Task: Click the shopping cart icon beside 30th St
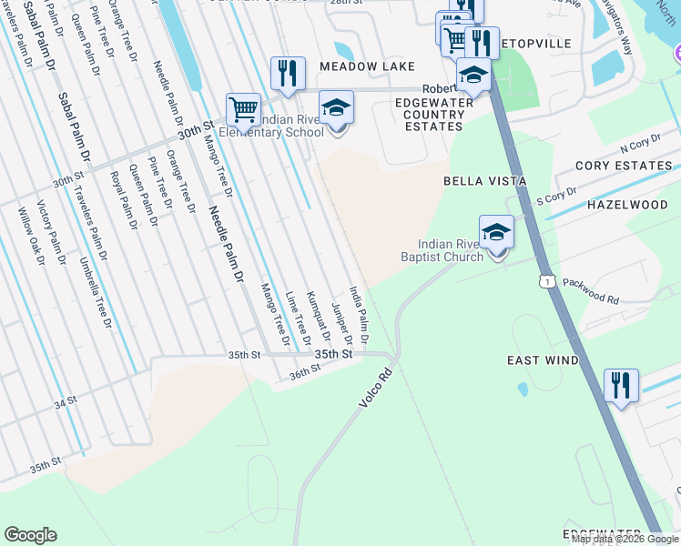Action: point(243,110)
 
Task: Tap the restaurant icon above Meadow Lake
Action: point(288,75)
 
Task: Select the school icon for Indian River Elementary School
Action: point(336,108)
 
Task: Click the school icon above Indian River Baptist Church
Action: point(496,233)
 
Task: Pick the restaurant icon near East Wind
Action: point(621,386)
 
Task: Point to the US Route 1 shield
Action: point(547,283)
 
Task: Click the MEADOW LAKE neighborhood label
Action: point(367,67)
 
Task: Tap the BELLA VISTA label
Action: point(484,181)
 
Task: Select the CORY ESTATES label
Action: point(624,166)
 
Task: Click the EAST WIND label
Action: point(543,360)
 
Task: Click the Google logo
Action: point(30,535)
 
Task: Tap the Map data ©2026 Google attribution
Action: point(624,539)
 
